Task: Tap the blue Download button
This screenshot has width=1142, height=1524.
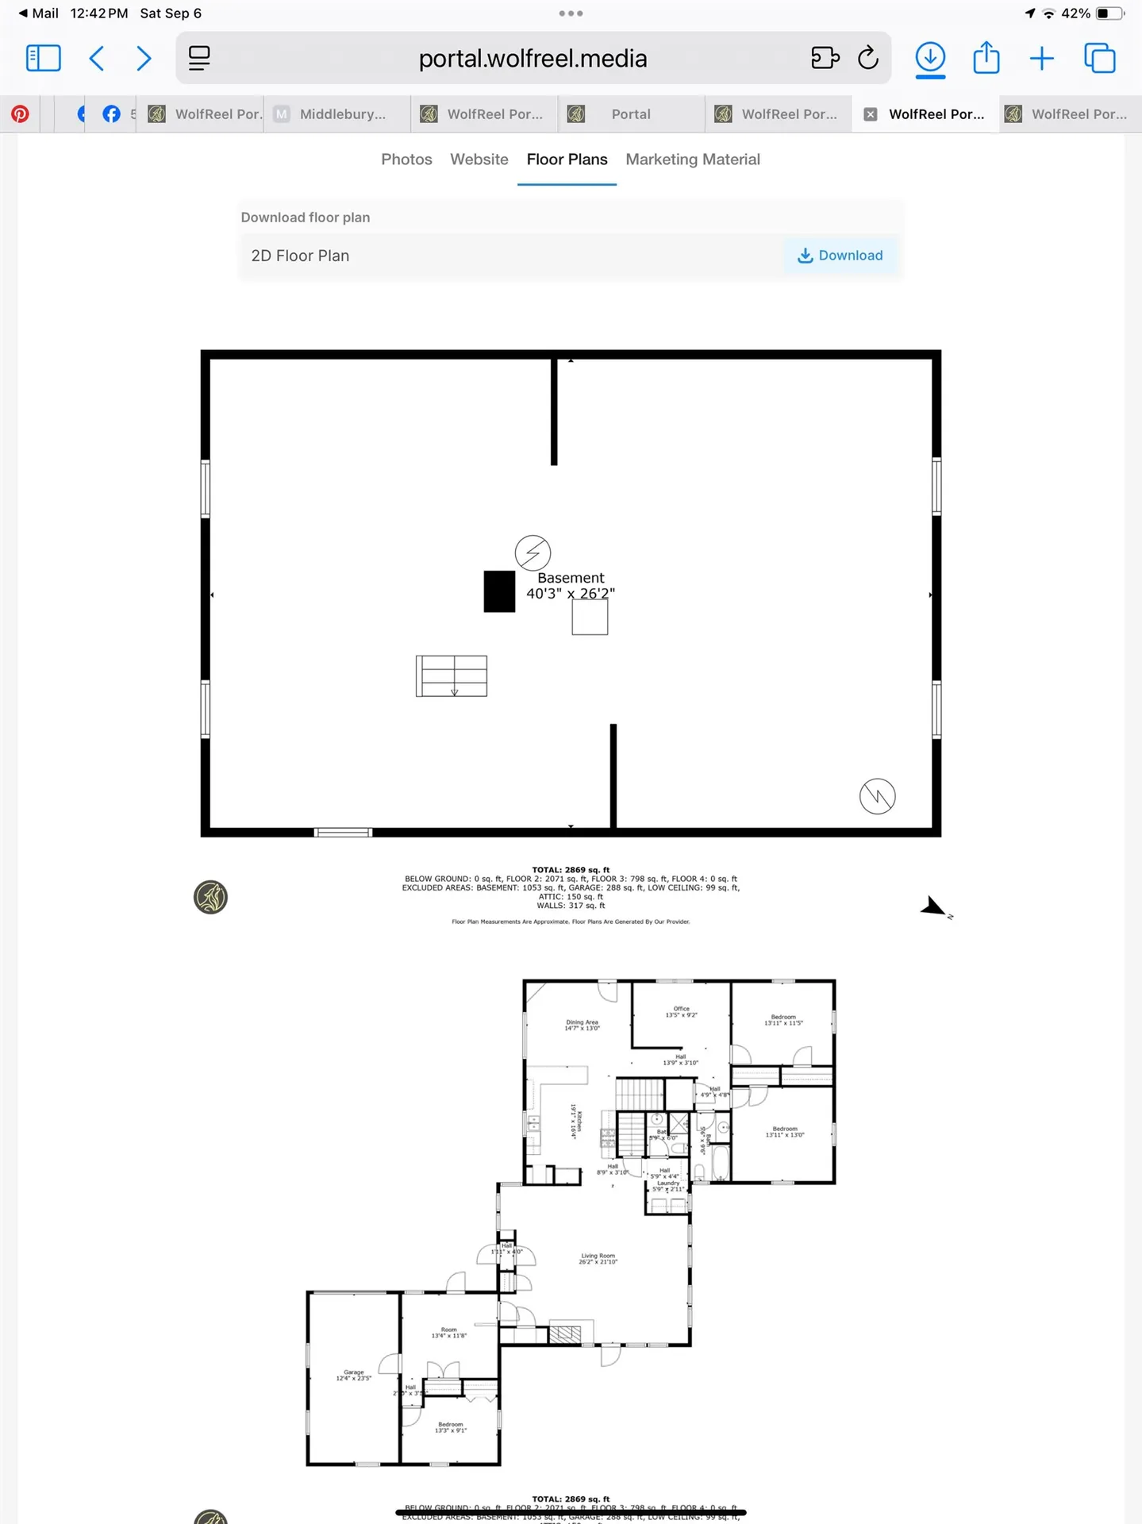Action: (840, 256)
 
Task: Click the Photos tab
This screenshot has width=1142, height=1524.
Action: (406, 160)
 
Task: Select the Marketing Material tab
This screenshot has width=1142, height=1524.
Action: (692, 160)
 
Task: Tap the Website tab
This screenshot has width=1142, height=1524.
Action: (479, 160)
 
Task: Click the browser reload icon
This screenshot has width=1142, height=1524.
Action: (868, 58)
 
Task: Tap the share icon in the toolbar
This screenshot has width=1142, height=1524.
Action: (986, 58)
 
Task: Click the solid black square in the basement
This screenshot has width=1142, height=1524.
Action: (499, 591)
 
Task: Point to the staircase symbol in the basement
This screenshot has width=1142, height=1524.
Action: (451, 676)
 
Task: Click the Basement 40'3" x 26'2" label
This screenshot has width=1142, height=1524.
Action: (571, 586)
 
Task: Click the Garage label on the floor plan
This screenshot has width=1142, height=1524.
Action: (353, 1375)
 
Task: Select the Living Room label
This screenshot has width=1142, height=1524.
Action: (598, 1259)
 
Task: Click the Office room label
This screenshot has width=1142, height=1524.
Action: (681, 1012)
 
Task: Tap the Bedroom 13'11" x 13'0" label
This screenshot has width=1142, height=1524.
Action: (784, 1132)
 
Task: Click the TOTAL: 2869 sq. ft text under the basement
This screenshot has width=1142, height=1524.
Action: (571, 870)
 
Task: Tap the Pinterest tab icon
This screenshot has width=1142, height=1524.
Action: (20, 114)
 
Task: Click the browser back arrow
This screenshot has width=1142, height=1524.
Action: (97, 58)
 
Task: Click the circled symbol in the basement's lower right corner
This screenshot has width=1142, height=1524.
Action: (877, 796)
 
